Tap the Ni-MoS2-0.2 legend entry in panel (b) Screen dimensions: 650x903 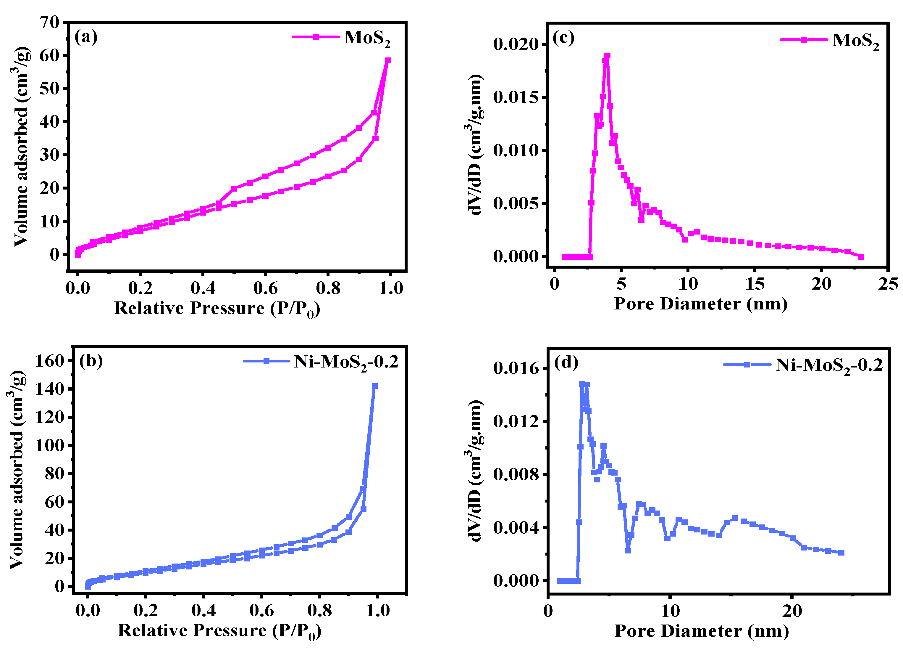pos(345,362)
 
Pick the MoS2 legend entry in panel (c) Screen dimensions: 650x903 pos(855,41)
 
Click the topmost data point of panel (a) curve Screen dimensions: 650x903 pos(387,60)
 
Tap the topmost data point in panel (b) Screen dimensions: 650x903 pos(374,386)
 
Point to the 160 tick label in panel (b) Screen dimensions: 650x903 pos(50,361)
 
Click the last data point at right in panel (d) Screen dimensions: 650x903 pos(841,553)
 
